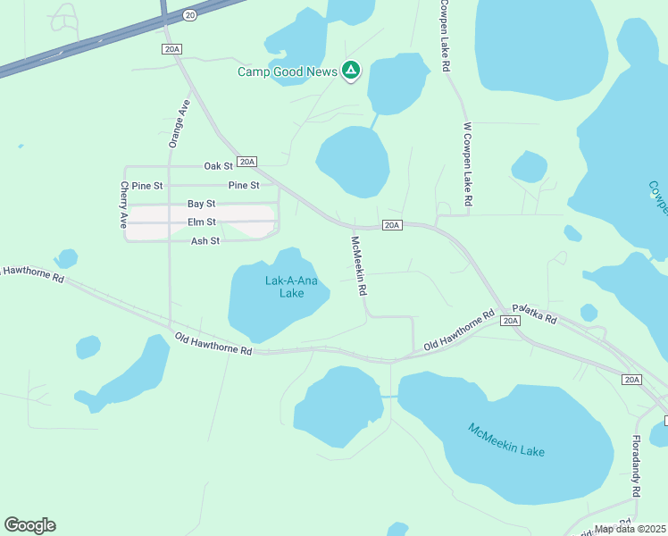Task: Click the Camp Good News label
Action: pyautogui.click(x=288, y=71)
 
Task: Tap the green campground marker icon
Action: pyautogui.click(x=352, y=71)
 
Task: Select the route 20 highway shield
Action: pyautogui.click(x=189, y=15)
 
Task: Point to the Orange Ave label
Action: pyautogui.click(x=180, y=122)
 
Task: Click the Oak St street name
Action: pyautogui.click(x=218, y=166)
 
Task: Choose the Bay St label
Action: pyautogui.click(x=201, y=204)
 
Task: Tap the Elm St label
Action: pyautogui.click(x=201, y=222)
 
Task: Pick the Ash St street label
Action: pyautogui.click(x=205, y=241)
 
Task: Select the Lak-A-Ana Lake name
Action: pyautogui.click(x=291, y=287)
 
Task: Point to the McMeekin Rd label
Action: pyautogui.click(x=360, y=266)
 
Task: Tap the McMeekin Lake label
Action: pyautogui.click(x=506, y=440)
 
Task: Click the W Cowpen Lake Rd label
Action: pyautogui.click(x=465, y=167)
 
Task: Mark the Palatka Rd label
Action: pyautogui.click(x=539, y=318)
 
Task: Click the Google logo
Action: pyautogui.click(x=29, y=525)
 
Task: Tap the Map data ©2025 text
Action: pyautogui.click(x=630, y=529)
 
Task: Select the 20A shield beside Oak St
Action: pyautogui.click(x=247, y=162)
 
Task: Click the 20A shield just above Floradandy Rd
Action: pyautogui.click(x=632, y=380)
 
